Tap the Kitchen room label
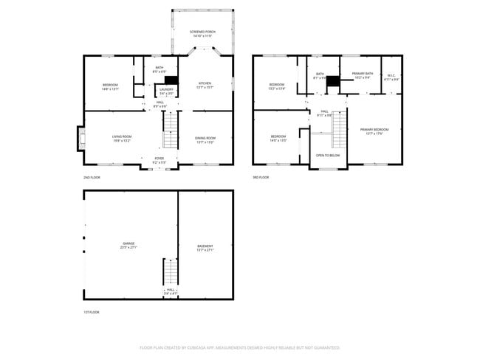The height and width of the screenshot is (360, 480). click(205, 86)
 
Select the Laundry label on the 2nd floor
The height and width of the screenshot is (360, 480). click(167, 91)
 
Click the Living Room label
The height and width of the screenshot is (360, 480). click(121, 138)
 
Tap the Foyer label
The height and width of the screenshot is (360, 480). click(159, 159)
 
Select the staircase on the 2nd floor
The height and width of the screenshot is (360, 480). click(171, 137)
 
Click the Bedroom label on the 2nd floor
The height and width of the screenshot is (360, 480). click(109, 86)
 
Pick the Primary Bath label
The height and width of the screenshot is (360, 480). click(362, 75)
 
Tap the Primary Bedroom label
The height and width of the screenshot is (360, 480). click(374, 131)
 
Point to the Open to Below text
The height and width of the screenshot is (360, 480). click(328, 156)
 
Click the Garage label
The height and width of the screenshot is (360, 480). click(129, 246)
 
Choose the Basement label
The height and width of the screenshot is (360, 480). click(205, 247)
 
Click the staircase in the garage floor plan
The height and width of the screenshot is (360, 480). click(171, 272)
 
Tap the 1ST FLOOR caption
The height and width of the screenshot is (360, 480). click(90, 312)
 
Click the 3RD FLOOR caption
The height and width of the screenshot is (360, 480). click(261, 177)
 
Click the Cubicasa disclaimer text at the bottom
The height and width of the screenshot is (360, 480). click(239, 347)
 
